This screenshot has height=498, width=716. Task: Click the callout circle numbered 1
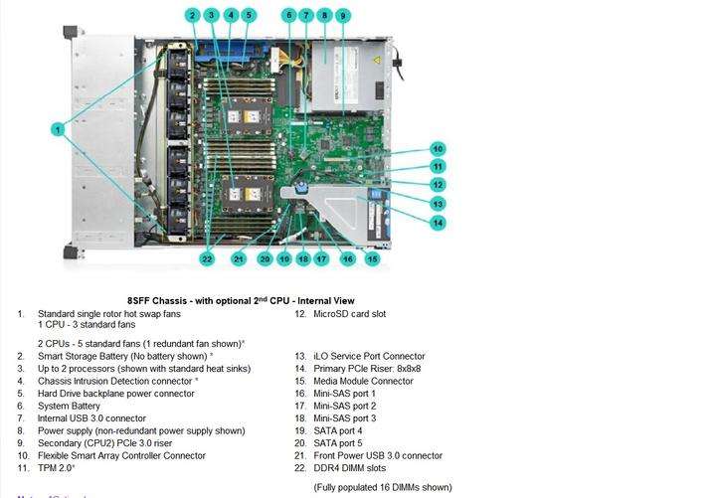click(x=59, y=128)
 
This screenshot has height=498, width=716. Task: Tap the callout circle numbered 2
click(x=192, y=15)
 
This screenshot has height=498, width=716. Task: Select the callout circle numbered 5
click(x=249, y=15)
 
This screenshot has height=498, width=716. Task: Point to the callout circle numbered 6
click(x=289, y=15)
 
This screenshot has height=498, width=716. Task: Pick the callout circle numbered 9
click(x=342, y=15)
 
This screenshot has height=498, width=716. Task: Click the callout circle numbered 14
click(x=438, y=223)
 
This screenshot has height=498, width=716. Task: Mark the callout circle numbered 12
click(x=438, y=185)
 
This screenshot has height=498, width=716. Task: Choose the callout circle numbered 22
click(x=207, y=258)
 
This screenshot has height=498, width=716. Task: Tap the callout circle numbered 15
click(x=372, y=258)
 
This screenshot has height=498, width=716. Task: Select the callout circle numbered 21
click(x=239, y=258)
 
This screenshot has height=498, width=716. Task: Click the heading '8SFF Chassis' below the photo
click(x=240, y=300)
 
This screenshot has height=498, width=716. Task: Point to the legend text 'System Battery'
click(x=69, y=406)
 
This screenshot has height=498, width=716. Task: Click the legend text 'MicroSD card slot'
click(x=349, y=314)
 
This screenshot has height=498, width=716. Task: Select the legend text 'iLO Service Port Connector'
click(x=369, y=356)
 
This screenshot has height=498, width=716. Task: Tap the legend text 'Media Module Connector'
click(x=363, y=381)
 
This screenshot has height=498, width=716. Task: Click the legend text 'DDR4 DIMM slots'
click(x=351, y=468)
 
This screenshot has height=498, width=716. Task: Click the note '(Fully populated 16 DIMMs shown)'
click(x=382, y=487)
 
